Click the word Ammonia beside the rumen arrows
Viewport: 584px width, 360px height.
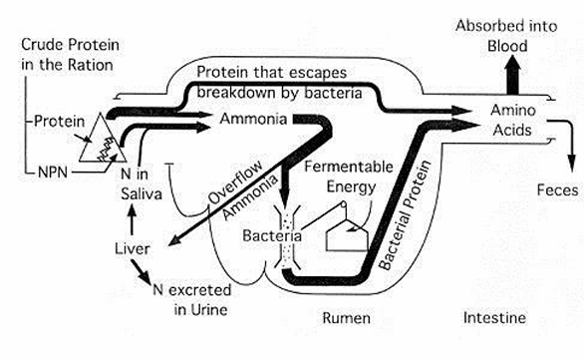[253, 119]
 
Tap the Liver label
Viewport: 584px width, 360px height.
[133, 249]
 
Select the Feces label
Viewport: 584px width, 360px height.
[557, 190]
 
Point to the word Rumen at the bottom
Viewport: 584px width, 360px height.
[347, 318]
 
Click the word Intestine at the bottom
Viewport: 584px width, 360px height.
[494, 317]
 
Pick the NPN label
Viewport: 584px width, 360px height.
[53, 173]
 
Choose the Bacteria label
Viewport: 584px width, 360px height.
[272, 235]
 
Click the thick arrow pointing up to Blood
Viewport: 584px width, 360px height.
[513, 75]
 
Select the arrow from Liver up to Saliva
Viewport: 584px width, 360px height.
[132, 220]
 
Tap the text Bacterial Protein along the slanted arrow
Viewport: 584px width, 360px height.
[405, 214]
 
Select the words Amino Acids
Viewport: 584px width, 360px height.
[513, 120]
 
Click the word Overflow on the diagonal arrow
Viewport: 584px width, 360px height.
[235, 182]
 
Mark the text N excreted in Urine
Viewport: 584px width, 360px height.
[192, 299]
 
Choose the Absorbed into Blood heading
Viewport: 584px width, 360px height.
[506, 36]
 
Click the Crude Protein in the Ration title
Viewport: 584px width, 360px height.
[70, 55]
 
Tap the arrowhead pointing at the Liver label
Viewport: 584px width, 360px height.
[174, 241]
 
